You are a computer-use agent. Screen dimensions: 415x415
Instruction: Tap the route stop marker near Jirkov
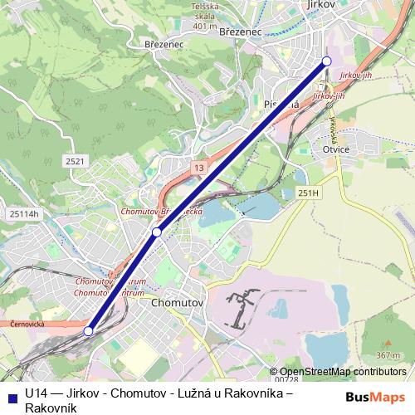[x=326, y=61]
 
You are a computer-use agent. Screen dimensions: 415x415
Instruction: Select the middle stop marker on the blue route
[x=156, y=232]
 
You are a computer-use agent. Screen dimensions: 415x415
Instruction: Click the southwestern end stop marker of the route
[x=88, y=331]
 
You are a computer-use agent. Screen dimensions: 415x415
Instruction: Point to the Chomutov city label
[x=178, y=304]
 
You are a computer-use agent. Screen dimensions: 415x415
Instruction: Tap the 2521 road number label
[x=75, y=161]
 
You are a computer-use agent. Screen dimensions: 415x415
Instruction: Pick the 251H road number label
[x=307, y=193]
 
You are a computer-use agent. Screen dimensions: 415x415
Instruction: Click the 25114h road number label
[x=24, y=213]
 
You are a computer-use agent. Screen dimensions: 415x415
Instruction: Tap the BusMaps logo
[x=375, y=396]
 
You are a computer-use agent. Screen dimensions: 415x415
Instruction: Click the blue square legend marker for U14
[x=10, y=396]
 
